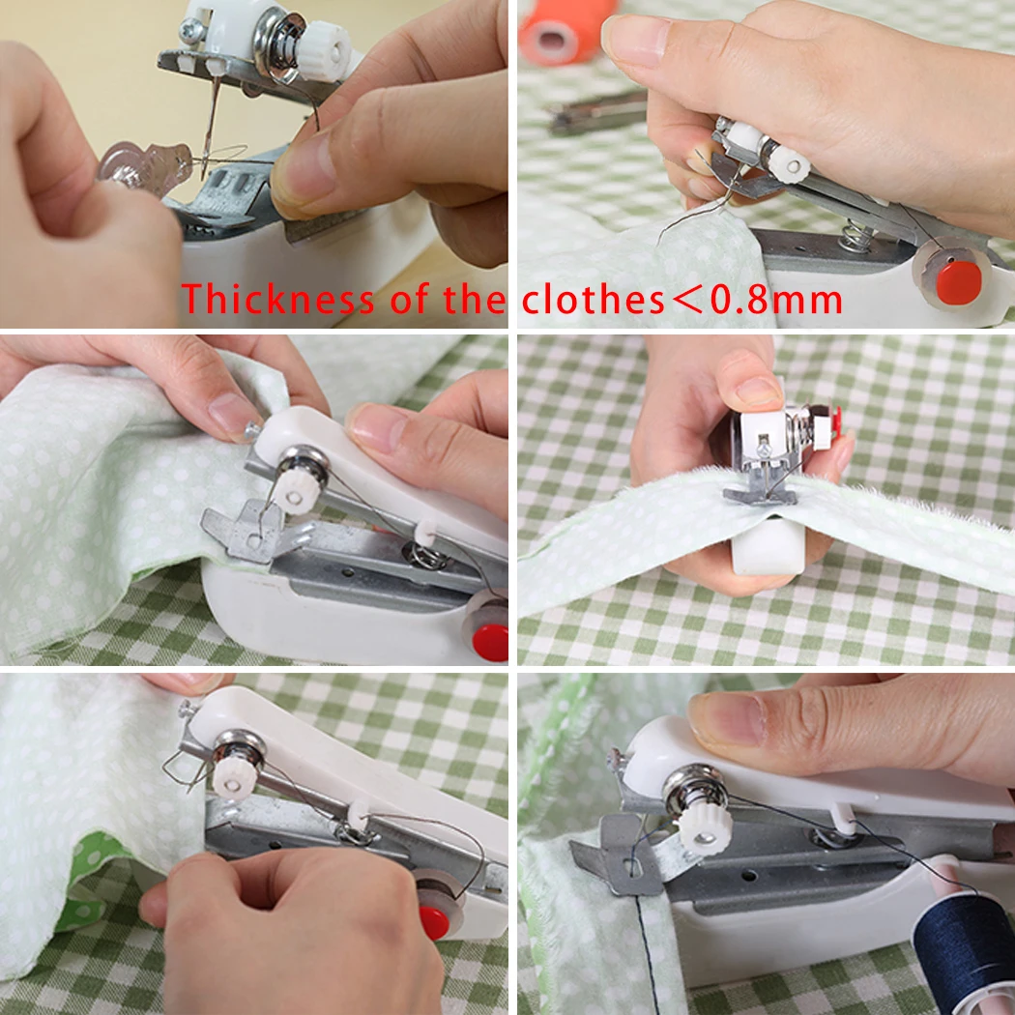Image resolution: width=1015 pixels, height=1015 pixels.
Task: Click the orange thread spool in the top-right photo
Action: pyautogui.click(x=566, y=28)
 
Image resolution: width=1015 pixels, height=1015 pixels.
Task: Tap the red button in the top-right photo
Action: pyautogui.click(x=958, y=281)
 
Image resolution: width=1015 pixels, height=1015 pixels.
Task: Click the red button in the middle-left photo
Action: pyautogui.click(x=491, y=641)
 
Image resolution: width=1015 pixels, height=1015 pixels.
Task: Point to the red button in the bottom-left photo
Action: pyautogui.click(x=434, y=921)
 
